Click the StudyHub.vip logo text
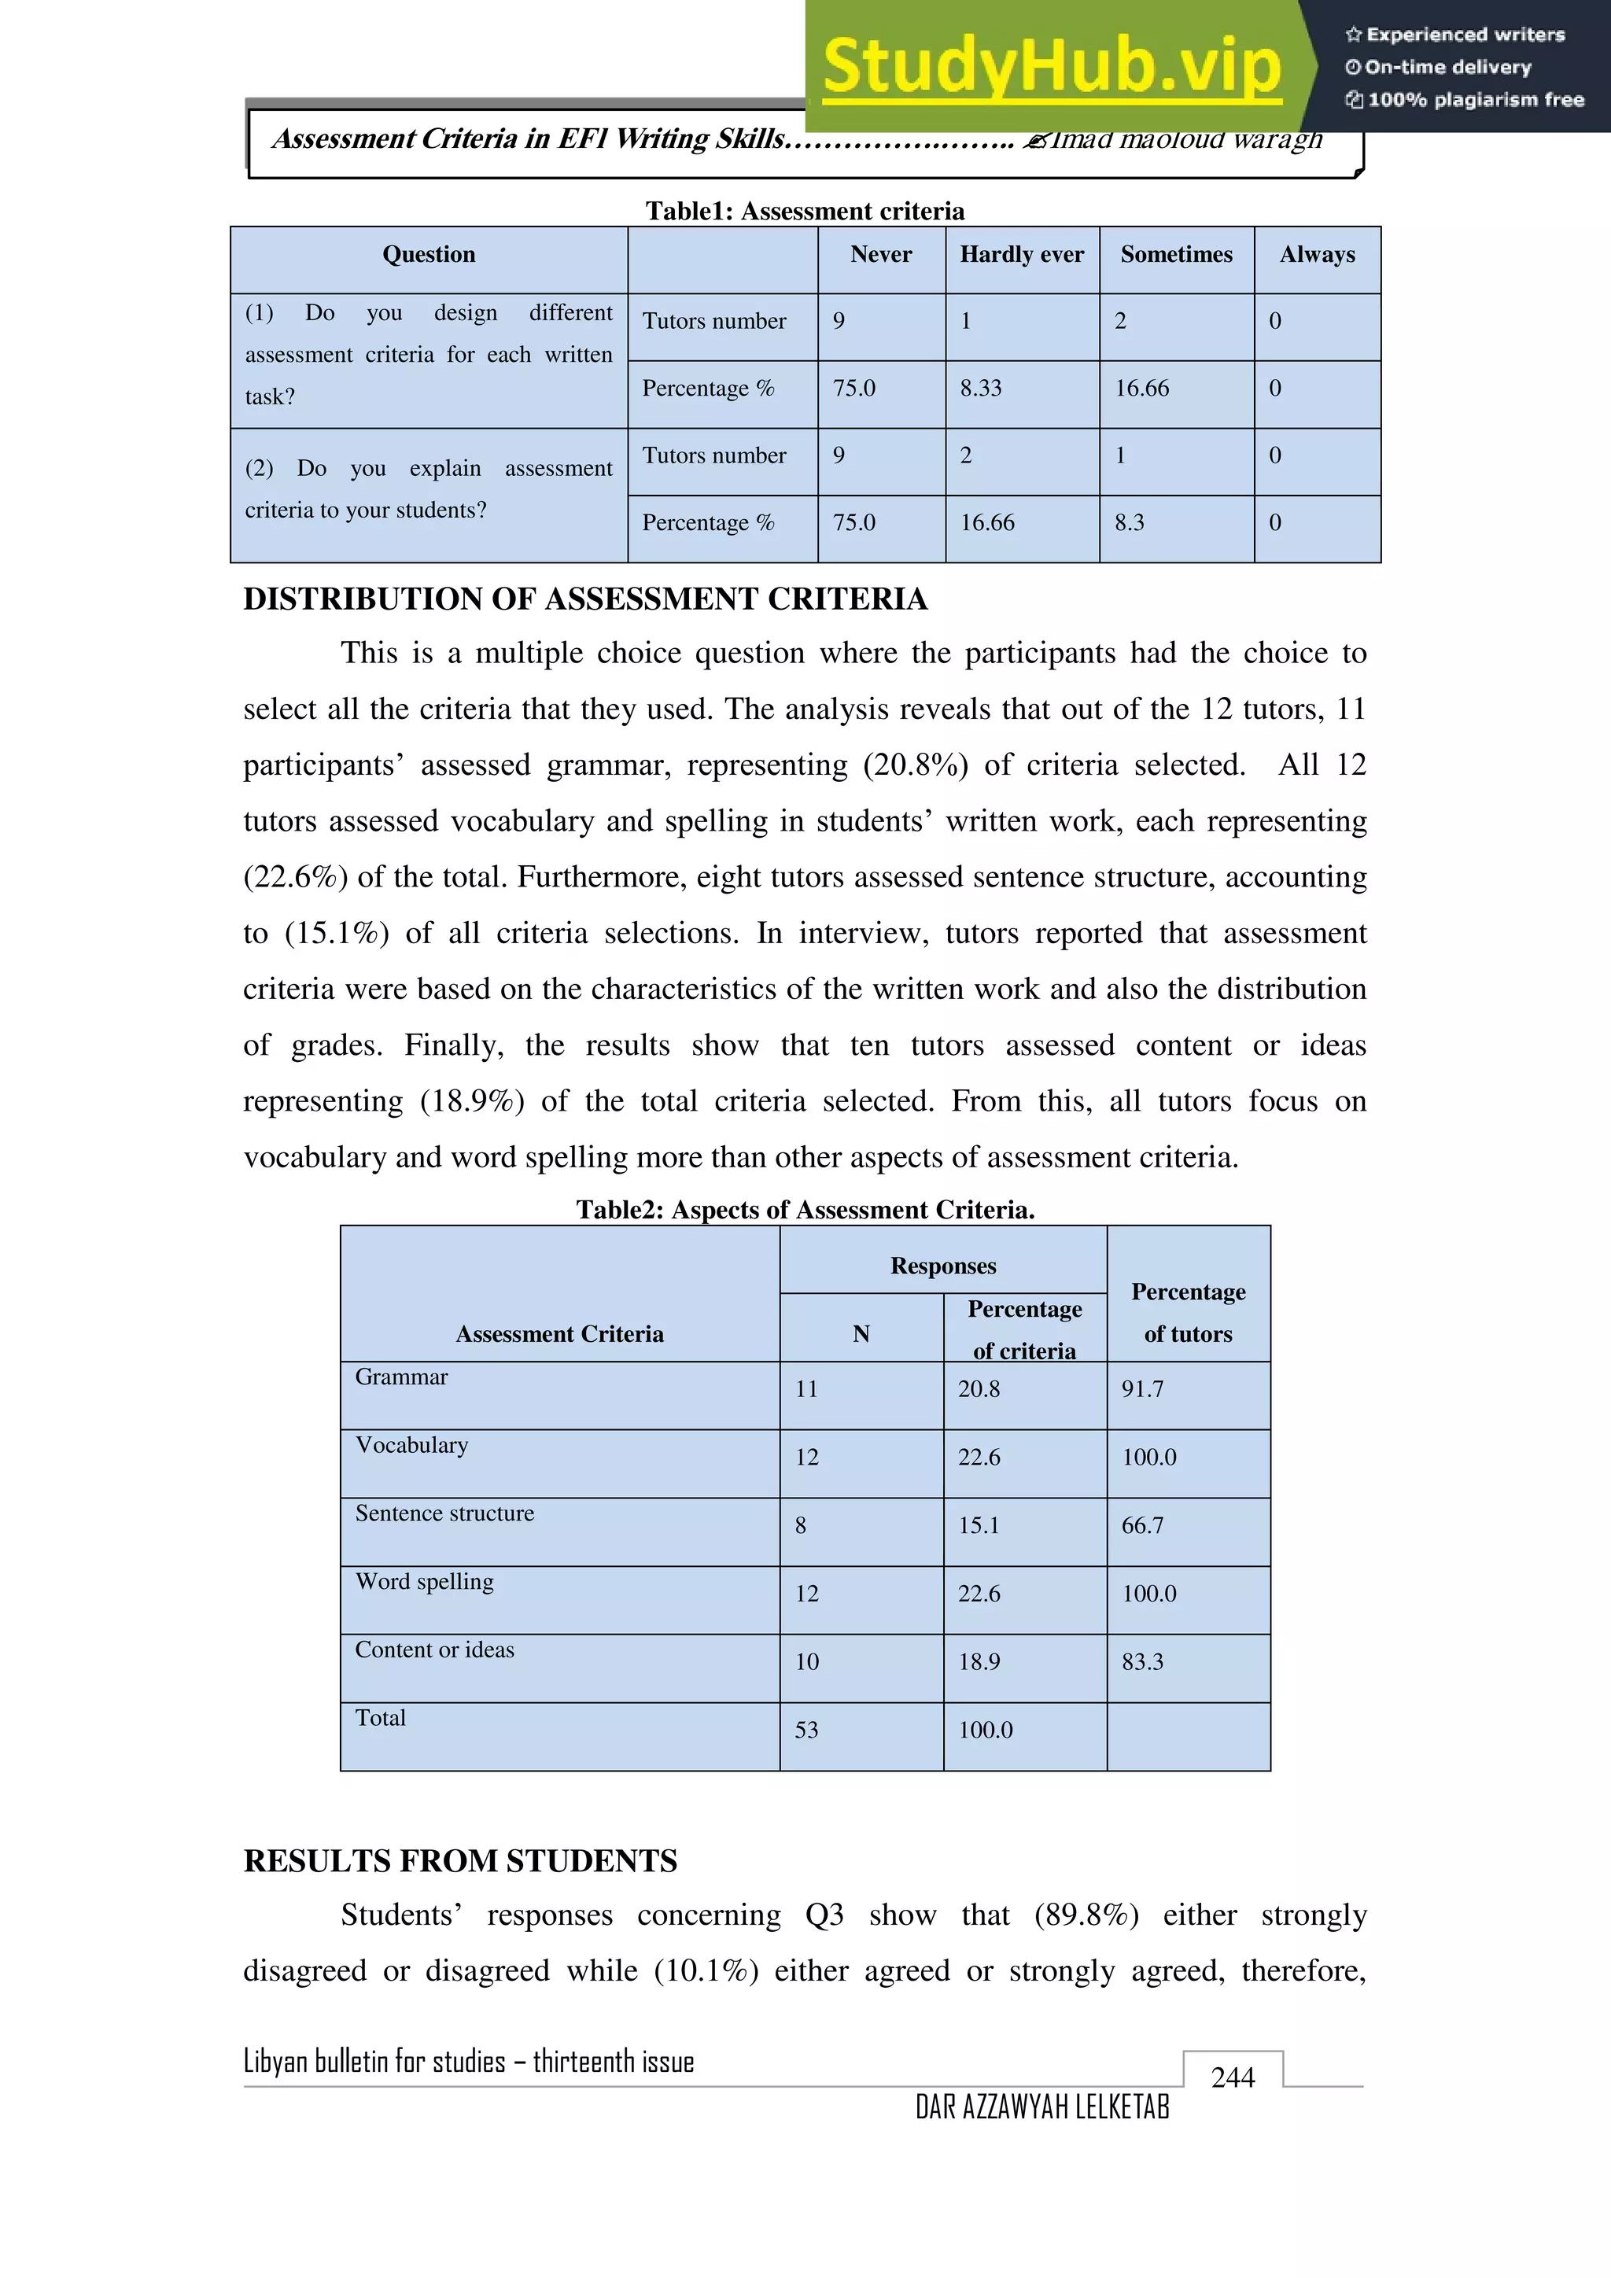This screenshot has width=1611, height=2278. tap(1052, 67)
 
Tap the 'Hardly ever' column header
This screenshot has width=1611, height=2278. tap(1022, 255)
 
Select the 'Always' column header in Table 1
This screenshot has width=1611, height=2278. tap(1316, 255)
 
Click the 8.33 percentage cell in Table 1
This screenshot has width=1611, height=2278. tap(980, 388)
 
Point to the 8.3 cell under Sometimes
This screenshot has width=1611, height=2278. tap(1129, 523)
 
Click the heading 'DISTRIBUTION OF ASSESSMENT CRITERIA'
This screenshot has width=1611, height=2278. tap(585, 599)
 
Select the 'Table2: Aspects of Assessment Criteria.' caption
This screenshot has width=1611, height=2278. tap(805, 1210)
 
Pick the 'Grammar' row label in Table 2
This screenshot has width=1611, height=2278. tap(402, 1377)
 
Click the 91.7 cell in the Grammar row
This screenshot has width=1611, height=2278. tap(1142, 1389)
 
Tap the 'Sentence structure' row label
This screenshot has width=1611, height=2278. tap(444, 1513)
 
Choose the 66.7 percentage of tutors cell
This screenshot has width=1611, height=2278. tap(1142, 1525)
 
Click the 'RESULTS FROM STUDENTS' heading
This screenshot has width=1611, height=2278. tap(460, 1861)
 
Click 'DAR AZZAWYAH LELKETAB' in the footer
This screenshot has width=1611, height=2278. tap(1041, 2107)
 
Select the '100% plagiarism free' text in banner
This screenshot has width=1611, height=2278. tap(1474, 99)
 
